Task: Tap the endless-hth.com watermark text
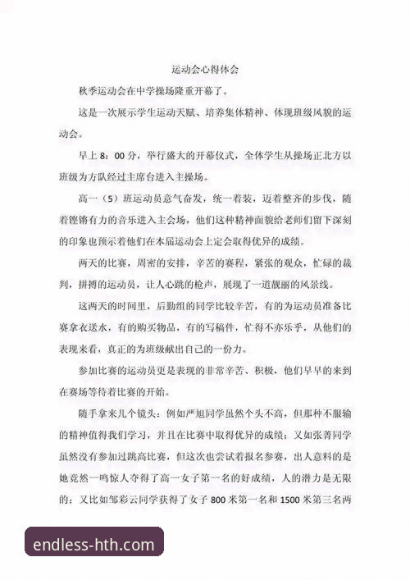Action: point(94,544)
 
